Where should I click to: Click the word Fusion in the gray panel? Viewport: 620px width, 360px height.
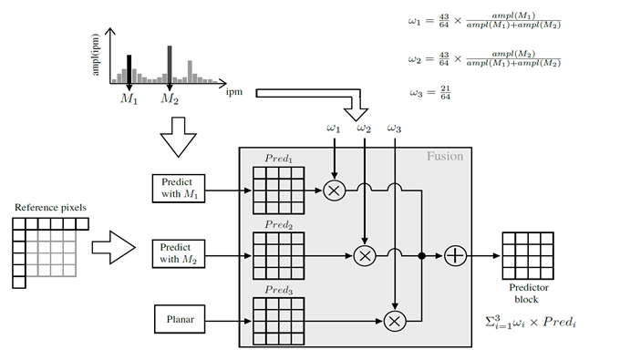click(x=445, y=156)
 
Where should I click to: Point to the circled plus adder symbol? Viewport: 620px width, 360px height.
click(x=455, y=256)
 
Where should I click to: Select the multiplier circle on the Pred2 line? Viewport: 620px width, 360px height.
click(x=365, y=256)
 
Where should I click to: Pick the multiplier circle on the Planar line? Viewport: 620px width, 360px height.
click(x=395, y=320)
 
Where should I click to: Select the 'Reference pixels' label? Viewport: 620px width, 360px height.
click(x=51, y=208)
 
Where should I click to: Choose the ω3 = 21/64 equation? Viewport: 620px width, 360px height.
click(x=430, y=93)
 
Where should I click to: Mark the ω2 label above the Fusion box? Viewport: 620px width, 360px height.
click(x=364, y=129)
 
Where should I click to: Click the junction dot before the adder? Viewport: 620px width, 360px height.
click(x=421, y=256)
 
